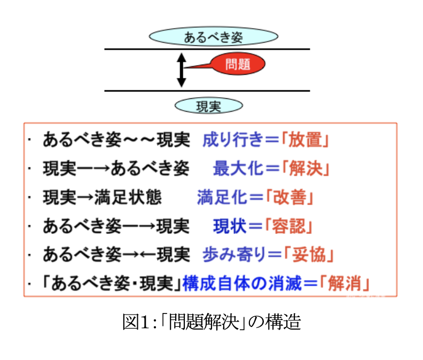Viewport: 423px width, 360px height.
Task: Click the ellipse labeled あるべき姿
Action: point(213,37)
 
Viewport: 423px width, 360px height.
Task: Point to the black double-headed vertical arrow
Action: point(182,70)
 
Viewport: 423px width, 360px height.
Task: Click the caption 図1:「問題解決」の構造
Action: point(211,322)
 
